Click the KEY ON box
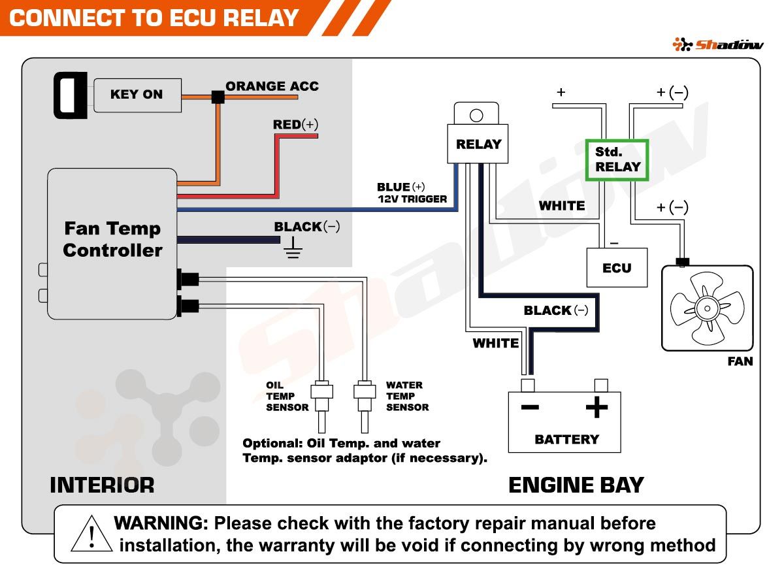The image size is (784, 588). [x=137, y=94]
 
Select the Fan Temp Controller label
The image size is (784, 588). [x=112, y=239]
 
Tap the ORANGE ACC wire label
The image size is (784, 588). [x=272, y=86]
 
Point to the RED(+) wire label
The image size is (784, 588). [x=295, y=124]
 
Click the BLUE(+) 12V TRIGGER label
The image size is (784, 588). [x=412, y=193]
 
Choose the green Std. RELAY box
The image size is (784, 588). [x=617, y=160]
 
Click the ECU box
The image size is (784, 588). [x=617, y=268]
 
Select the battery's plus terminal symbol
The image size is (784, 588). [x=596, y=408]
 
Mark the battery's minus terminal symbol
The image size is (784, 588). [x=529, y=408]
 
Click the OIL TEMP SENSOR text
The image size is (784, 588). [x=287, y=397]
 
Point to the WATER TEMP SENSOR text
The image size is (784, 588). [x=407, y=397]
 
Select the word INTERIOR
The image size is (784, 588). [x=102, y=485]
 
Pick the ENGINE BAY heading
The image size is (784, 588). [x=576, y=485]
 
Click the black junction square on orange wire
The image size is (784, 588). [x=218, y=97]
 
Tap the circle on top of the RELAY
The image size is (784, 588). [x=476, y=116]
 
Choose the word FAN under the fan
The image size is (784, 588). [x=740, y=361]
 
